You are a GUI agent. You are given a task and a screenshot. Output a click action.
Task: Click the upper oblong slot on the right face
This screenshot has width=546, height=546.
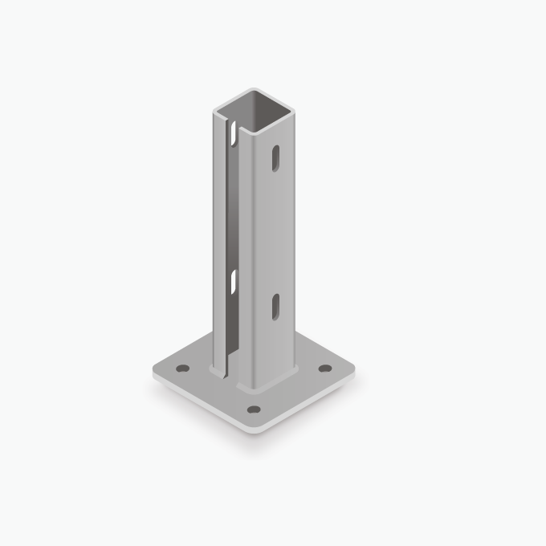point(275,158)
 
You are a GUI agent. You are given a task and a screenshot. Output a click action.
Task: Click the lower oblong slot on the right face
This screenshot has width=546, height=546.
point(275,307)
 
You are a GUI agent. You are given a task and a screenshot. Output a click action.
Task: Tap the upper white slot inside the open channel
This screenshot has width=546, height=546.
point(234,134)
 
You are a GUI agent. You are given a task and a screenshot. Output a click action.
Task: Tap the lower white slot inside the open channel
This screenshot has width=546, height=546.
point(234,282)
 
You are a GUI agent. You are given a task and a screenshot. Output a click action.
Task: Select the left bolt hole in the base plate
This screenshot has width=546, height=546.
point(182,369)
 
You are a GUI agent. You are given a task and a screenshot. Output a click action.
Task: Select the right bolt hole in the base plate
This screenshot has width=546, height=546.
point(325,369)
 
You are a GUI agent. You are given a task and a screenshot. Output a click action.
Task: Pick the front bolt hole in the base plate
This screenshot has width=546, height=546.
point(254,409)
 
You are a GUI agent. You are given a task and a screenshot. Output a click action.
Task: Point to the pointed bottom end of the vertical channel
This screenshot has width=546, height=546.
point(226,376)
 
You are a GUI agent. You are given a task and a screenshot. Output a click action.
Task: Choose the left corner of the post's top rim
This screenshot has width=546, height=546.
point(214,110)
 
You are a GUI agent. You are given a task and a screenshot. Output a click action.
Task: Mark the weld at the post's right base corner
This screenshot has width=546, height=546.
point(295,369)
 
